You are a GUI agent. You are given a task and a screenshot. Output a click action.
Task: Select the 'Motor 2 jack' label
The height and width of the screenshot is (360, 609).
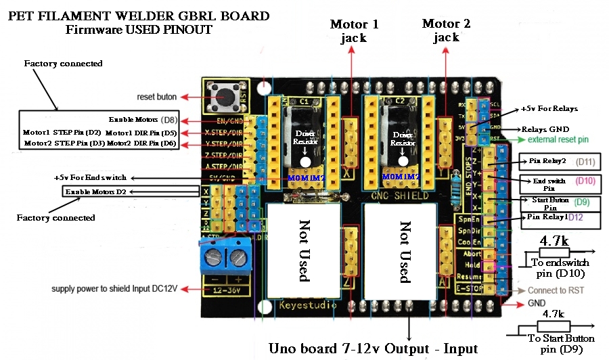pos(446,30)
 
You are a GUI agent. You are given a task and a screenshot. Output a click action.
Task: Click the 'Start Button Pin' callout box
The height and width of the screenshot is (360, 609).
pos(546,204)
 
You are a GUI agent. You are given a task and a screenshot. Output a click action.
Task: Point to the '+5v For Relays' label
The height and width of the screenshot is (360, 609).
pos(549,108)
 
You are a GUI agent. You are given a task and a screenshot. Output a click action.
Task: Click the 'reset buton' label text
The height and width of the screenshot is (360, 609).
pos(157,97)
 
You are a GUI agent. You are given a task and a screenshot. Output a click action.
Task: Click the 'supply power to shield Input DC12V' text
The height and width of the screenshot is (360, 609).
pos(114,289)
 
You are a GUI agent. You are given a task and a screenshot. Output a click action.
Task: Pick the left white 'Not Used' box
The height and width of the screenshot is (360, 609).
pos(304,250)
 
